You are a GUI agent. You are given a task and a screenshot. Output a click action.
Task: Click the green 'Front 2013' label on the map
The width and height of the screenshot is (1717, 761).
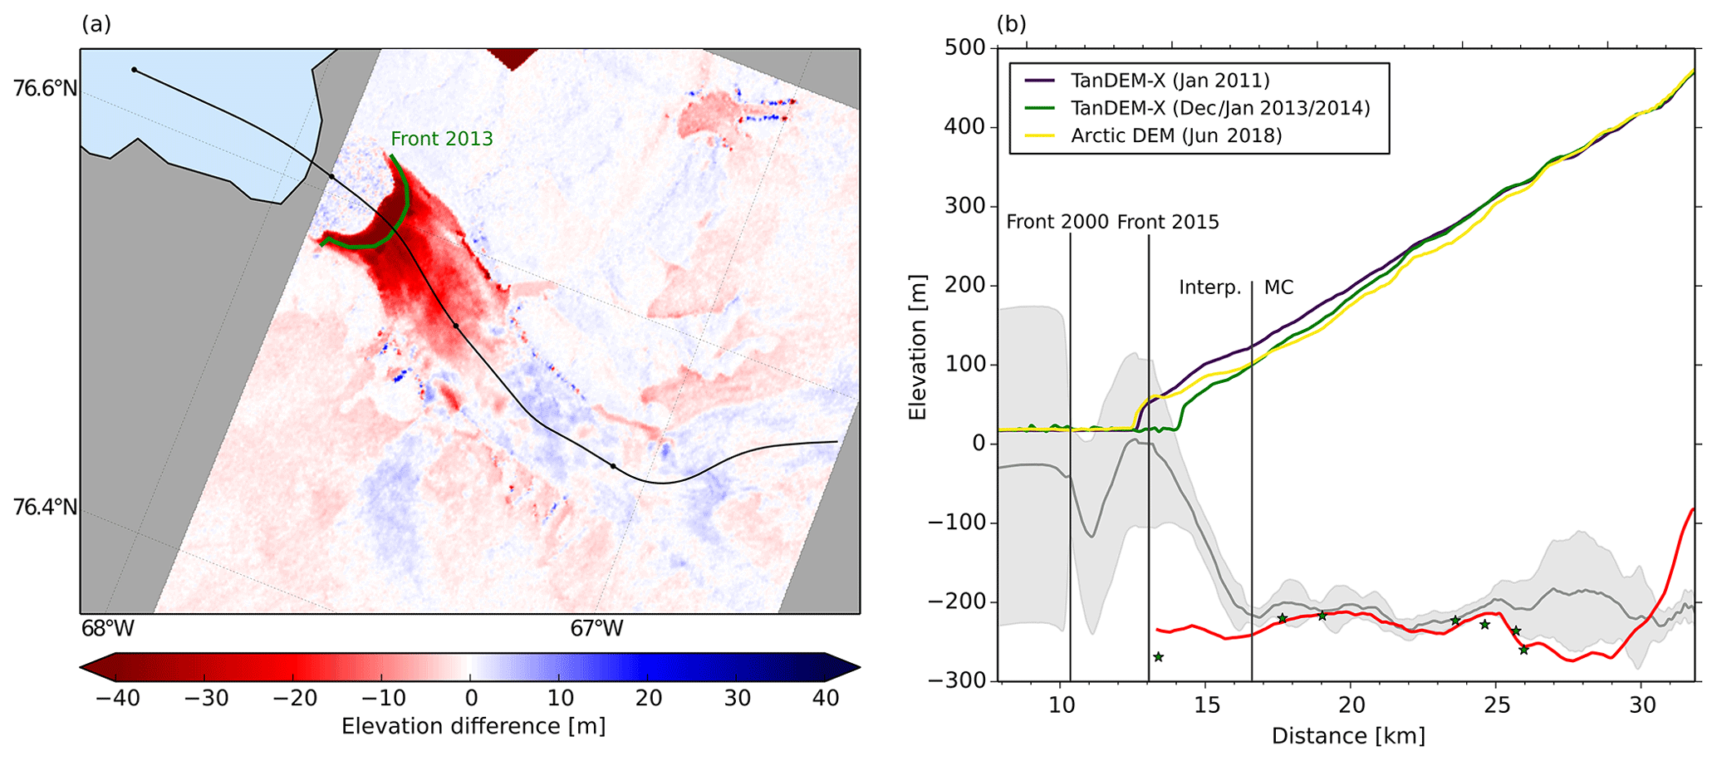442,139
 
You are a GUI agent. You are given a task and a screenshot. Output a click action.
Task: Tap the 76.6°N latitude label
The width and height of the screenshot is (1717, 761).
46,87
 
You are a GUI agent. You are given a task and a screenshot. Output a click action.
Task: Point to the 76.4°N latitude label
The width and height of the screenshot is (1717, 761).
46,507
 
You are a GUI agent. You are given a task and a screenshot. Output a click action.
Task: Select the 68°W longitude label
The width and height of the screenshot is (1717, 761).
108,629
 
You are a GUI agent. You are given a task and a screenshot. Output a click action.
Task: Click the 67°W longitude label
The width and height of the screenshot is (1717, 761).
596,629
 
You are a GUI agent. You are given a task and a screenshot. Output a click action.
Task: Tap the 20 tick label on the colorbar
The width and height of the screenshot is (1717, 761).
648,699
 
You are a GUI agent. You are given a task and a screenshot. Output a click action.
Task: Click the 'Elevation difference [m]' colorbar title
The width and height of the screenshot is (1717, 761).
473,726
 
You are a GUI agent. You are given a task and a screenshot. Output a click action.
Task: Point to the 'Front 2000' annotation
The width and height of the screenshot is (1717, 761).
1057,222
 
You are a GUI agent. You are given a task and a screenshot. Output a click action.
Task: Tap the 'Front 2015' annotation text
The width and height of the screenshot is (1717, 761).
1168,222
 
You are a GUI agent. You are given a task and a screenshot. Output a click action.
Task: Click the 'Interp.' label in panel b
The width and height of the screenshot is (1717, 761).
1209,288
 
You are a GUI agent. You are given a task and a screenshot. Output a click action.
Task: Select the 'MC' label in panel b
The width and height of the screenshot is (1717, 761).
1278,288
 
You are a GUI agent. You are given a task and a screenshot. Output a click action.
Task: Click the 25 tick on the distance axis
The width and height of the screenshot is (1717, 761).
1496,705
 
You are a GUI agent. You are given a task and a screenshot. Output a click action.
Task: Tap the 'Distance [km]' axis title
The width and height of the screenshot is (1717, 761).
1348,736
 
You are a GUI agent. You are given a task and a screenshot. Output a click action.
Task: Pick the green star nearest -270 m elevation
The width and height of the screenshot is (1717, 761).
1158,657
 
